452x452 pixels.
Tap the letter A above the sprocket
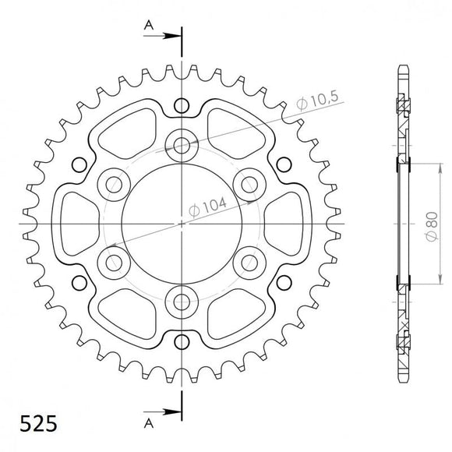pyautogui.click(x=146, y=24)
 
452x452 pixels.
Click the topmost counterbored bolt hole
pyautogui.click(x=183, y=144)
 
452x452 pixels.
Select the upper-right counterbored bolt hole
pyautogui.click(x=250, y=184)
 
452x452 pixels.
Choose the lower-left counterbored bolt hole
pyautogui.click(x=115, y=261)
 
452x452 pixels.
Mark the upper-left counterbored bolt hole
pyautogui.click(x=115, y=184)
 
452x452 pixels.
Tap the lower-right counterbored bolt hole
pyautogui.click(x=250, y=261)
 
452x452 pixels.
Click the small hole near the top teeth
pyautogui.click(x=183, y=104)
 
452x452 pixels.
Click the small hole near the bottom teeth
pyautogui.click(x=183, y=340)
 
